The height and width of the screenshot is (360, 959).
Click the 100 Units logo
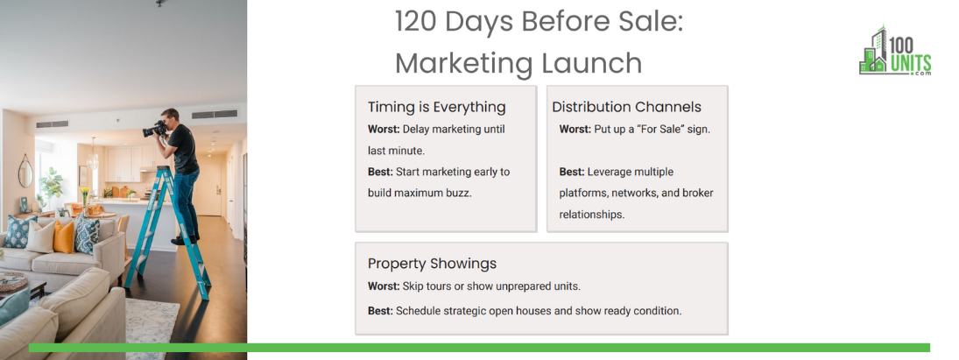[895, 51]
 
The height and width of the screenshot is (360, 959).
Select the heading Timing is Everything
[437, 108]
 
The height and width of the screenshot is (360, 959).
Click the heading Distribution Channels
[626, 107]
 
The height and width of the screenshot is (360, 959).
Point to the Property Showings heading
[432, 264]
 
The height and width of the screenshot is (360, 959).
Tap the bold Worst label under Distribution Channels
[575, 130]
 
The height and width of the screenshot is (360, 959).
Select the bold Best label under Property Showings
[380, 311]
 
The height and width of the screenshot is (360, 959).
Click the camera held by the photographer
[154, 129]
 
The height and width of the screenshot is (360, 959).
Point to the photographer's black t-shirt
[184, 149]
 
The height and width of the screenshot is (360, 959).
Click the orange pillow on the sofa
[63, 236]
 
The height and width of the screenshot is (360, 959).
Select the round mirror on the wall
[25, 171]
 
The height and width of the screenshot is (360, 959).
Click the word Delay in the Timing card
[417, 130]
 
